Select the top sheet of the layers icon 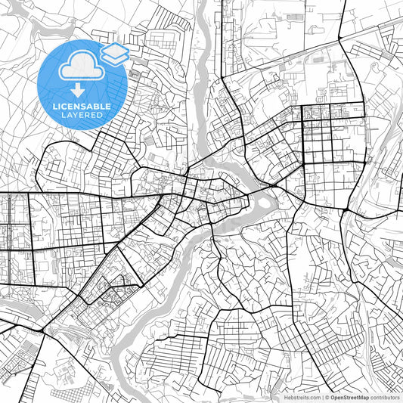click(115, 50)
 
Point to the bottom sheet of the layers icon click(115, 58)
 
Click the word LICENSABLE click(82, 107)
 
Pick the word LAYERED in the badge click(82, 115)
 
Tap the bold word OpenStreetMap click(353, 397)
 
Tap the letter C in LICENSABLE click(67, 107)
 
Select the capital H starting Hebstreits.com click(285, 397)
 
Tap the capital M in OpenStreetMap click(363, 397)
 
